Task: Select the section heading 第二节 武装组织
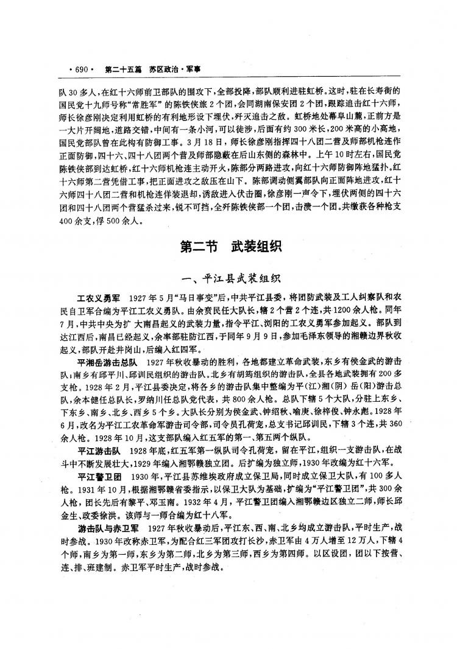pyautogui.click(x=229, y=247)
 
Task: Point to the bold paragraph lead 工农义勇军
pyautogui.click(x=96, y=301)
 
